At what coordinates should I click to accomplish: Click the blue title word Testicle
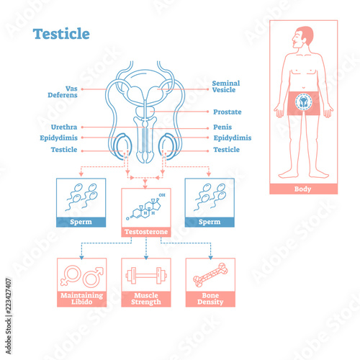coord(61,34)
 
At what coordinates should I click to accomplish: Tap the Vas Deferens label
coord(63,92)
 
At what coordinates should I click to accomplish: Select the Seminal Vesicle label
coord(226,86)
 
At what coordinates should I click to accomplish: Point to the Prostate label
coord(228,112)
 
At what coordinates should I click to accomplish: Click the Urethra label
coord(64,127)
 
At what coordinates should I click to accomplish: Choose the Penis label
coord(222,127)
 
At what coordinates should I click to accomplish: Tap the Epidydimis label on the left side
coord(58,138)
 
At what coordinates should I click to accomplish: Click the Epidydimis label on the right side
coord(233,138)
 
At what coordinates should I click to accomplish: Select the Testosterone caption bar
coord(146,232)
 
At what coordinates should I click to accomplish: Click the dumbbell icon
coord(146,276)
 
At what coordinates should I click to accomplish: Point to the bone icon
coord(210,275)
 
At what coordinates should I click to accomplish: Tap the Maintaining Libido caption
coord(81,299)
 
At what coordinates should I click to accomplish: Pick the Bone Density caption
coord(210,299)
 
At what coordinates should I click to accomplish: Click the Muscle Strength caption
coord(146,299)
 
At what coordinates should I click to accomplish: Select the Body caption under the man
coord(303,189)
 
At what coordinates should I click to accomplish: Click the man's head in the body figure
coord(303,37)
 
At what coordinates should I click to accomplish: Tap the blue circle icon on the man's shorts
coord(304,102)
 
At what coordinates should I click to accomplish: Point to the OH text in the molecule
coord(162,195)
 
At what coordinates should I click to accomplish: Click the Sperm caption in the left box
coord(81,222)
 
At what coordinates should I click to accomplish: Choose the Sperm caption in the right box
coord(210,222)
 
